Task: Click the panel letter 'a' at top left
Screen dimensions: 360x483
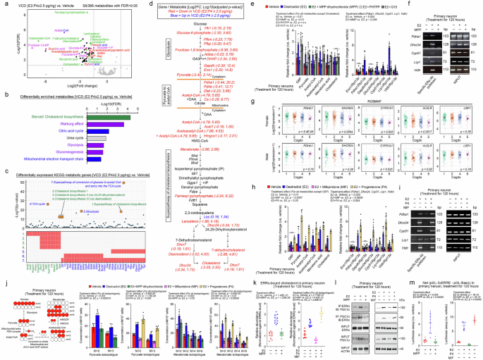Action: [4, 4]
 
